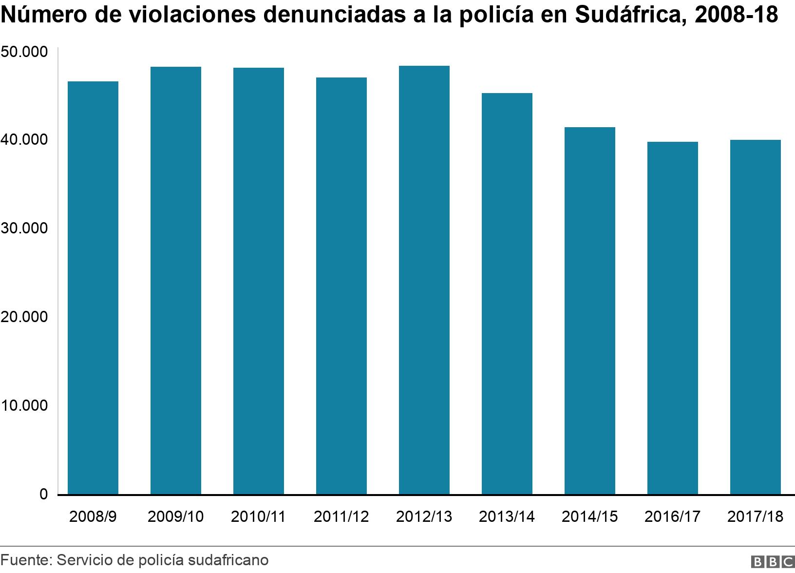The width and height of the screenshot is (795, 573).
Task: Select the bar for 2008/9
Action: pos(93,287)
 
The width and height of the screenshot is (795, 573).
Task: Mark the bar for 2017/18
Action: pos(755,317)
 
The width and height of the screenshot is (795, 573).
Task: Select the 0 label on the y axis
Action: pos(43,494)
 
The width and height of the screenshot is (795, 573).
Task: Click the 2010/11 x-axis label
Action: pos(258,516)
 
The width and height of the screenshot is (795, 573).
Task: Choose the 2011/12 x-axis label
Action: pos(341,516)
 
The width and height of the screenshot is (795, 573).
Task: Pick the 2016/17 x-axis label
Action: pos(672,516)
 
